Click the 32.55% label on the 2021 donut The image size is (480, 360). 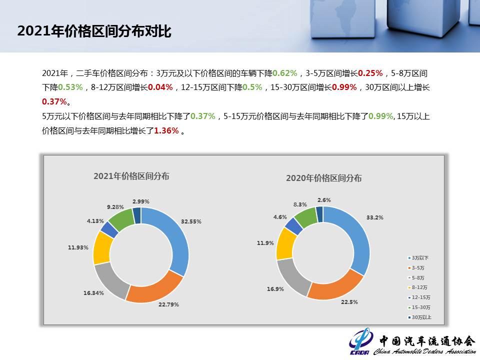tap(191, 221)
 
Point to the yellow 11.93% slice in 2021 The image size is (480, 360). tap(102, 248)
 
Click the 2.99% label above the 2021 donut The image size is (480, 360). tap(141, 201)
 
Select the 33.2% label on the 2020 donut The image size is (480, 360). tap(374, 217)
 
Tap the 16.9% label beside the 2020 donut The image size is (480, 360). tap(275, 289)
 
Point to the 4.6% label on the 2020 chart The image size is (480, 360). tap(280, 217)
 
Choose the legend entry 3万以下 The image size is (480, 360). tap(418, 258)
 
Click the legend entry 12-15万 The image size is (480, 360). tap(419, 297)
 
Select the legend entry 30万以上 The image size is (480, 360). tap(419, 317)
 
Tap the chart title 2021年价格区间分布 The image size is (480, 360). tap(131, 176)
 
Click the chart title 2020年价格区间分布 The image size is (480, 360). tap(324, 178)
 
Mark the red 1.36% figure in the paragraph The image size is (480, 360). tap(166, 130)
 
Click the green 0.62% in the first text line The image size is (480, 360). tap(284, 73)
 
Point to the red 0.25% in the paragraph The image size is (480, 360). tap(370, 73)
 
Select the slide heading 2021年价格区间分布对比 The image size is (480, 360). tap(94, 31)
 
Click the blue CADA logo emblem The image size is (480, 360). tap(361, 340)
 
